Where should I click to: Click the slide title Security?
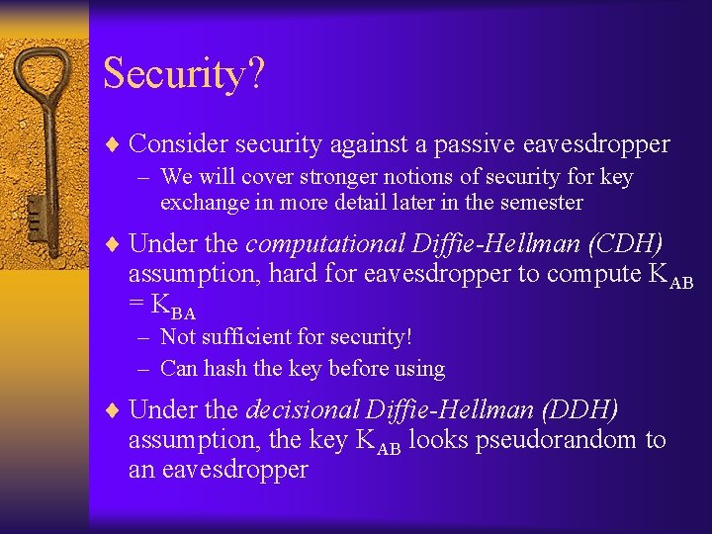click(183, 74)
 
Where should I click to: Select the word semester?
click(540, 203)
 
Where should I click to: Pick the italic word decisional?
click(303, 409)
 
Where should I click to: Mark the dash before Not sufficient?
click(144, 337)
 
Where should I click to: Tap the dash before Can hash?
click(144, 369)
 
